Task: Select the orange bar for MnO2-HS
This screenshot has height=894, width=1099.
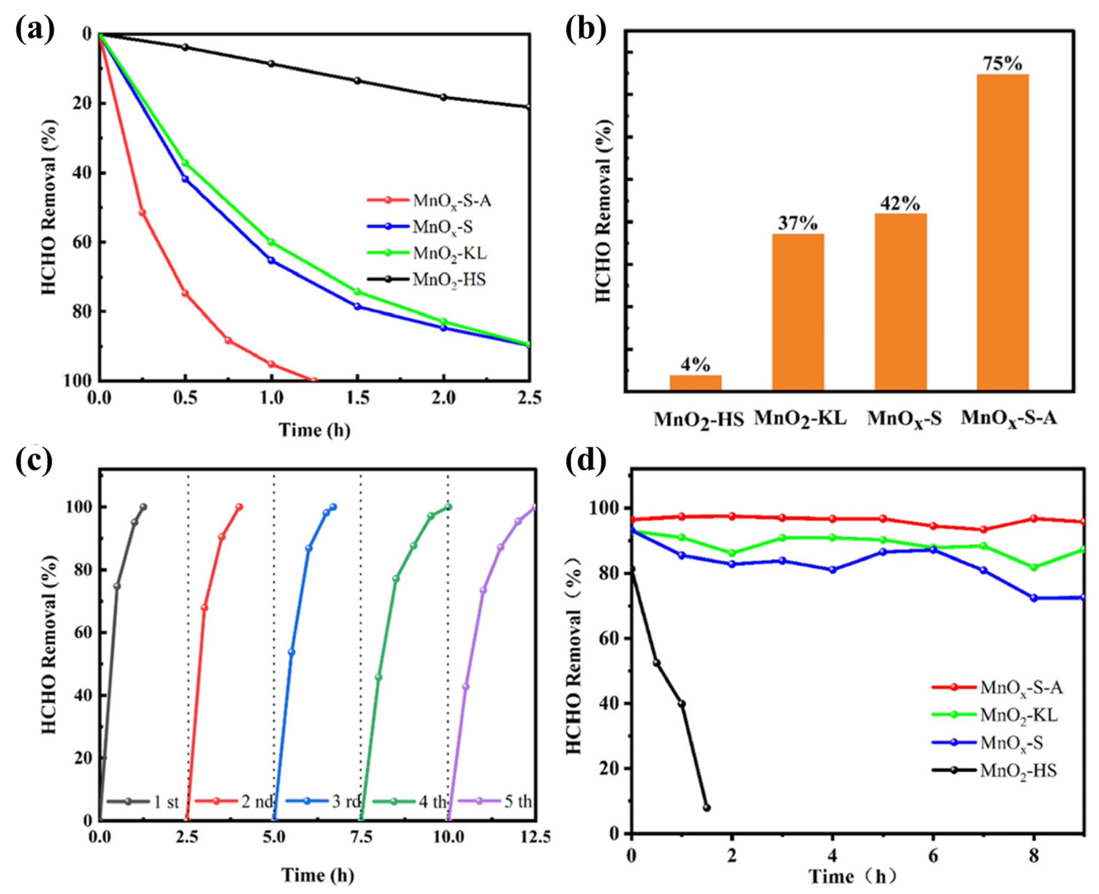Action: coord(695,383)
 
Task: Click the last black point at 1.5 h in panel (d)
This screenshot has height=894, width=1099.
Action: coord(707,807)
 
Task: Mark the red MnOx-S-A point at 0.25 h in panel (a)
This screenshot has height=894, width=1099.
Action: coord(142,212)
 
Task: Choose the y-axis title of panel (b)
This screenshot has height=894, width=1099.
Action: coord(603,211)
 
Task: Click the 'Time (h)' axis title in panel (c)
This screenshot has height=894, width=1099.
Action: coord(318,875)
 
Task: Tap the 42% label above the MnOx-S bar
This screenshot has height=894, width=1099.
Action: coord(900,204)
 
